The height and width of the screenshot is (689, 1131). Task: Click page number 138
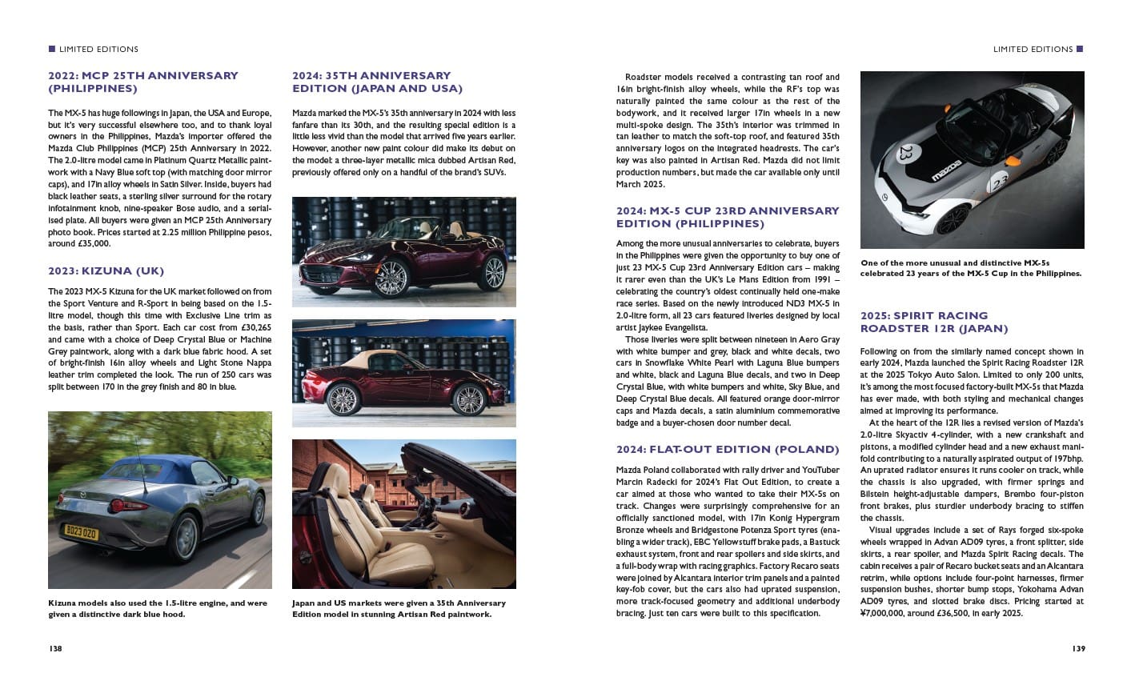coord(55,648)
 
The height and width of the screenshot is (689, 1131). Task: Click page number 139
coord(1077,648)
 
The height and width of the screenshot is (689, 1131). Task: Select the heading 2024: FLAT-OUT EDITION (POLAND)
coord(728,449)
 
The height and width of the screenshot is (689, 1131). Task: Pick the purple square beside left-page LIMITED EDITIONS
coord(52,49)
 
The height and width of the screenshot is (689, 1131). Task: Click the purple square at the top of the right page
coord(1080,49)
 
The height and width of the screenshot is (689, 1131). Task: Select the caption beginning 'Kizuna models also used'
coord(158,608)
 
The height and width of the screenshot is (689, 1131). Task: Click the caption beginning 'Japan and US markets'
coord(399,608)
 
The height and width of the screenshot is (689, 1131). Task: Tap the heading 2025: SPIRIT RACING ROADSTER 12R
coord(933,322)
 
